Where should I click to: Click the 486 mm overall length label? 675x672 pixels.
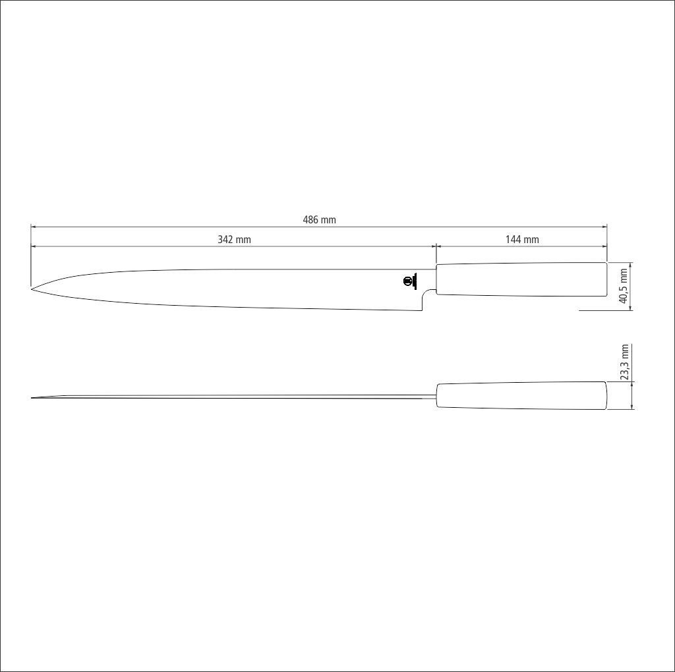[320, 220]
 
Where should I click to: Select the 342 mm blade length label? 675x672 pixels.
[234, 240]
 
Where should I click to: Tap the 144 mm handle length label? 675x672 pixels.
[522, 240]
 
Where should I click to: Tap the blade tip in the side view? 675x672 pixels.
[32, 289]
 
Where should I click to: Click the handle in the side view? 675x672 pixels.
[521, 279]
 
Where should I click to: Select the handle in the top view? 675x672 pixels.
[521, 395]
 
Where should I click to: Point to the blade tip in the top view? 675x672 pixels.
[32, 397]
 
